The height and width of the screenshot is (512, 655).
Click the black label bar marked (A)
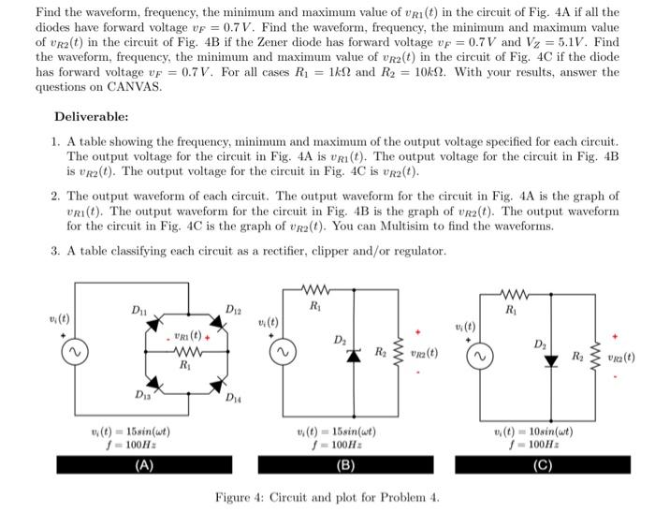144,464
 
